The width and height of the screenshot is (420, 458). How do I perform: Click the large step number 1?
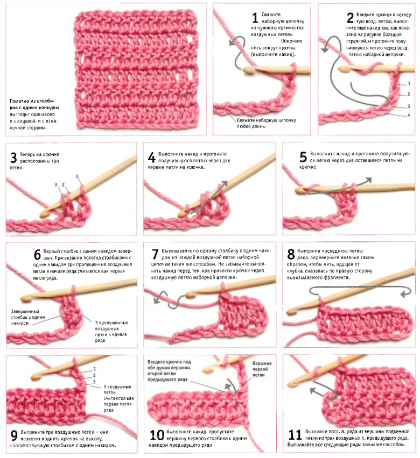[255, 18]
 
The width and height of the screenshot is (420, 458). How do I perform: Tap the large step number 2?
[350, 18]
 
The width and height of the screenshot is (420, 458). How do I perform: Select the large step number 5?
[303, 157]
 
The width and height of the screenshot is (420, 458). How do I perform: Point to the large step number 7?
[155, 254]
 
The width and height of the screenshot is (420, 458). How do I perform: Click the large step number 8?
[291, 254]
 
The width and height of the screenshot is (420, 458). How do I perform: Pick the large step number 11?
[295, 435]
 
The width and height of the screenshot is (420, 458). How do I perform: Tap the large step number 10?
[157, 435]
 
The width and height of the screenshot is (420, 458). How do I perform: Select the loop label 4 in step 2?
[409, 115]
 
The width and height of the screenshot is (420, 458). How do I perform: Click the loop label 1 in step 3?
[77, 176]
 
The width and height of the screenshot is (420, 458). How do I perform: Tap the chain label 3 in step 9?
[94, 382]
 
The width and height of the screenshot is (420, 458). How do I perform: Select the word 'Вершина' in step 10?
[262, 363]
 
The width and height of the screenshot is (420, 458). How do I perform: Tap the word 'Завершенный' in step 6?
[25, 311]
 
